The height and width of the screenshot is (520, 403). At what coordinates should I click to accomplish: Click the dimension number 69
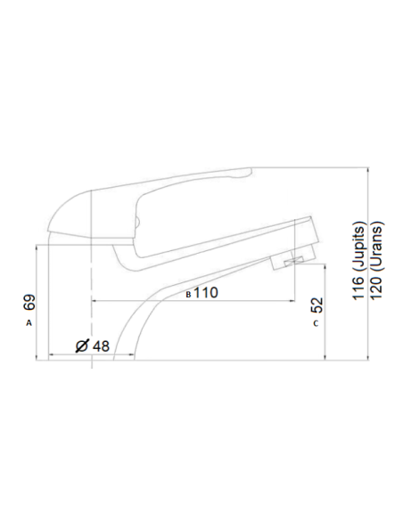(x=29, y=302)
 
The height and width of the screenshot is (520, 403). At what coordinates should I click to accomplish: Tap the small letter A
(x=29, y=322)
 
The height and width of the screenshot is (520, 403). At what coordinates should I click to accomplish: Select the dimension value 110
(x=206, y=292)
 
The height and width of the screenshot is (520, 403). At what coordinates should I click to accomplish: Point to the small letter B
(x=187, y=293)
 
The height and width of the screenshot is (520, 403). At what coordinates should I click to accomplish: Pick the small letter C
(x=316, y=323)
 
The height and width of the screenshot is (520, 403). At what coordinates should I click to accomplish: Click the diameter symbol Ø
(x=81, y=345)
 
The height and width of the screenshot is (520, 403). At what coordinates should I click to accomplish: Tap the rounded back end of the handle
(x=55, y=213)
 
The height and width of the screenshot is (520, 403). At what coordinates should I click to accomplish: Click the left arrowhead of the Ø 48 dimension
(x=51, y=354)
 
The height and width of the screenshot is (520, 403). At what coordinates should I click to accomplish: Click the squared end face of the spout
(x=311, y=233)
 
